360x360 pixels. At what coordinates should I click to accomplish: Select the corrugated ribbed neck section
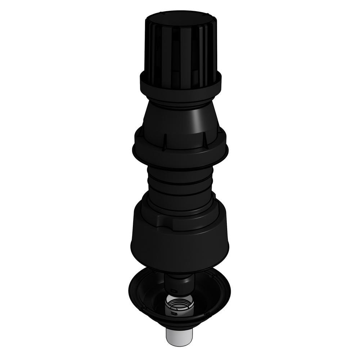pyautogui.click(x=180, y=180)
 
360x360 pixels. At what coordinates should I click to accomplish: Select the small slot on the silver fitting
pyautogui.click(x=174, y=312)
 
